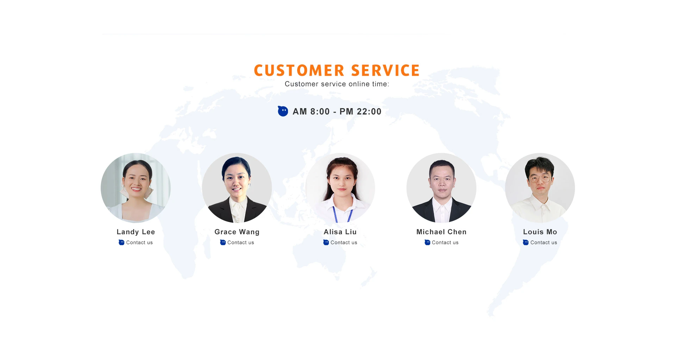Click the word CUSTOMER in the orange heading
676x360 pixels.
click(x=299, y=70)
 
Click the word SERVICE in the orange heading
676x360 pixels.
click(x=385, y=70)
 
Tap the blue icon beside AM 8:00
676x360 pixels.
click(x=283, y=111)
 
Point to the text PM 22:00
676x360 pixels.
click(x=360, y=112)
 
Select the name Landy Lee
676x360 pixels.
click(x=136, y=232)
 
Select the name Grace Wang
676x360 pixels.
click(x=237, y=232)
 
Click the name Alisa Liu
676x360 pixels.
click(x=340, y=232)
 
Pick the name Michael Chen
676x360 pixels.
click(x=442, y=232)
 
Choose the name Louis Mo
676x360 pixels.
click(x=540, y=232)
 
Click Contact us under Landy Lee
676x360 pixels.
click(x=139, y=242)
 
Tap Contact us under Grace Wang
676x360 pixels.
click(x=241, y=242)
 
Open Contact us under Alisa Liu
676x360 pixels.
click(x=344, y=242)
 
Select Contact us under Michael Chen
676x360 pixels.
click(x=445, y=242)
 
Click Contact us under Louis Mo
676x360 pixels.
click(x=544, y=242)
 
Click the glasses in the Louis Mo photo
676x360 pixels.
click(x=539, y=179)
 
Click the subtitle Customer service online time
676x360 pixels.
click(x=337, y=84)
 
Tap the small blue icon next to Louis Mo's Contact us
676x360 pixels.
click(x=526, y=242)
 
